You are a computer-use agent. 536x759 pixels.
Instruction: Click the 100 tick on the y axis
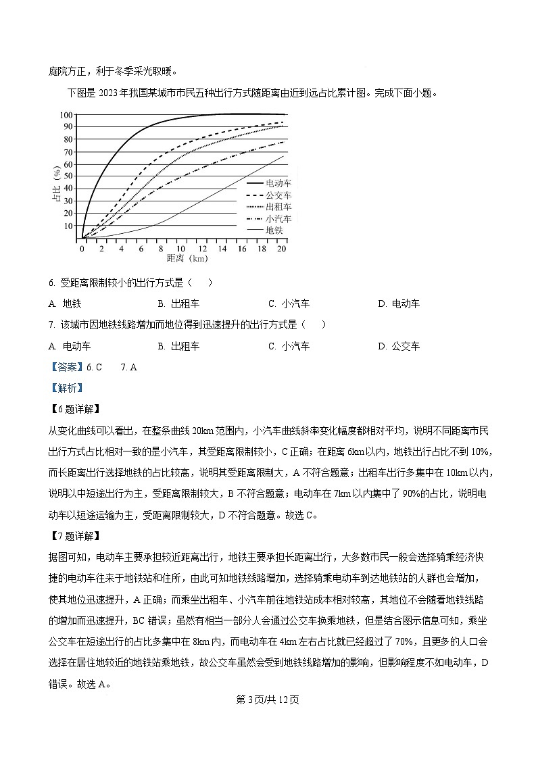tap(67, 114)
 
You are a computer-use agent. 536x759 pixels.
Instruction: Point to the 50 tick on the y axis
tap(68, 176)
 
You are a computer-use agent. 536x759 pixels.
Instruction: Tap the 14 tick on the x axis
tap(222, 248)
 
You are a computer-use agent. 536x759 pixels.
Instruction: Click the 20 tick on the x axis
tap(282, 248)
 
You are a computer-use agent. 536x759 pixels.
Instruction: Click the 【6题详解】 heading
tap(74, 410)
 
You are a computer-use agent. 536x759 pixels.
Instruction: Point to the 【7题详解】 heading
tap(74, 537)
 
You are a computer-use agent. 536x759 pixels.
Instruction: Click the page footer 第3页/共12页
tap(268, 699)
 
